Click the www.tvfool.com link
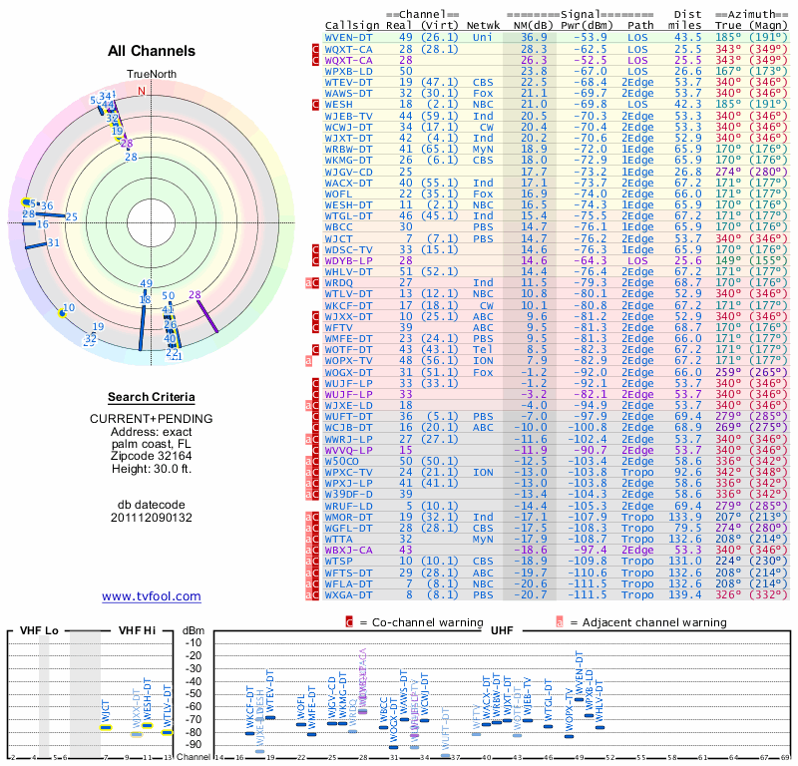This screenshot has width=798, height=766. [152, 596]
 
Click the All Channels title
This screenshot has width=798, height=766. [152, 51]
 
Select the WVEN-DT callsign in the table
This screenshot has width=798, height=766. [350, 36]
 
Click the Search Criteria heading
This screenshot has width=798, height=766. [152, 397]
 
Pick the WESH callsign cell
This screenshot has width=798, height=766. [339, 103]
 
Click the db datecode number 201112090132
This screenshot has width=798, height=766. [152, 517]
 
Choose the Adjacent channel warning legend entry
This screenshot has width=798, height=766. [629, 621]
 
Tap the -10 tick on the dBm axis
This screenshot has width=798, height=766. [194, 643]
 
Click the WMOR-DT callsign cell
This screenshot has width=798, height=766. [350, 517]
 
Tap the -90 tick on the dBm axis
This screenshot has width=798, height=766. [194, 744]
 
